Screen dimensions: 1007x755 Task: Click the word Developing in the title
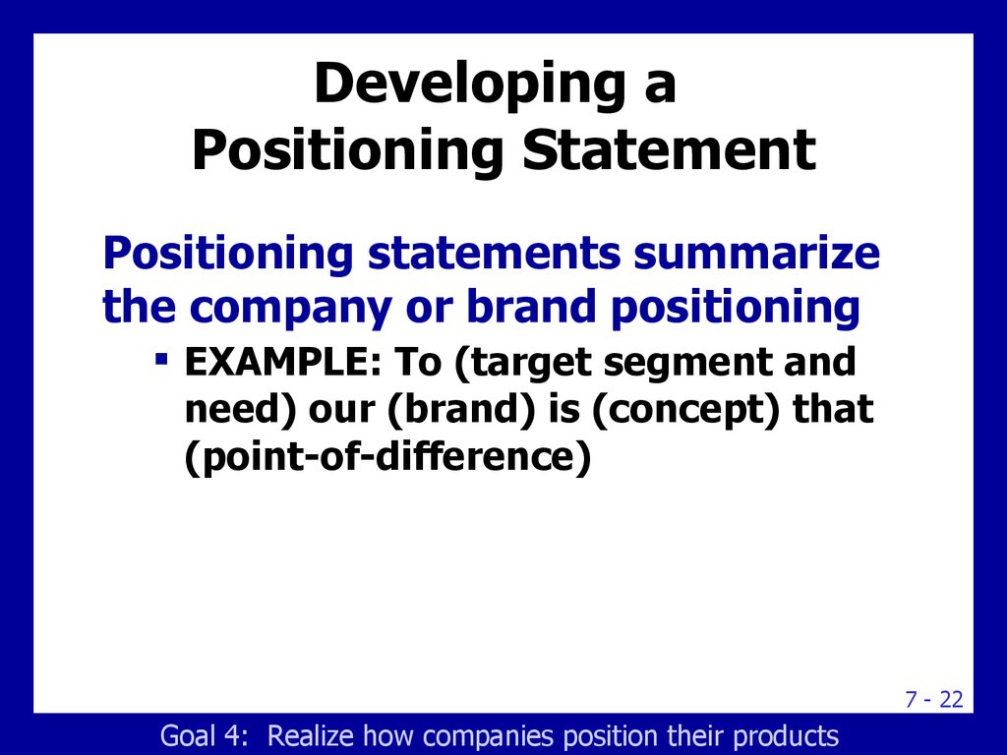coord(470,85)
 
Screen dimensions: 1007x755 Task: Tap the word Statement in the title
coord(669,149)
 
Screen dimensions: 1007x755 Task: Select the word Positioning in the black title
coord(347,151)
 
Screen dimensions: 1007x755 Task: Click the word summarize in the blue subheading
coord(756,253)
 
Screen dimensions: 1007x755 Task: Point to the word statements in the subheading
coord(495,253)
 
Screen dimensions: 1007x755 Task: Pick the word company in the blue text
coord(290,307)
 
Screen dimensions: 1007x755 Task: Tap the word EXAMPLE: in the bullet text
coord(283,362)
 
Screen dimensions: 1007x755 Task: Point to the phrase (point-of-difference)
coord(387,458)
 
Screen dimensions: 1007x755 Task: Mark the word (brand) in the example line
coord(462,410)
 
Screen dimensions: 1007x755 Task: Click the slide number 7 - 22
coord(934,699)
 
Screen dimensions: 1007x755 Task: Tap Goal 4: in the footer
coord(204,735)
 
